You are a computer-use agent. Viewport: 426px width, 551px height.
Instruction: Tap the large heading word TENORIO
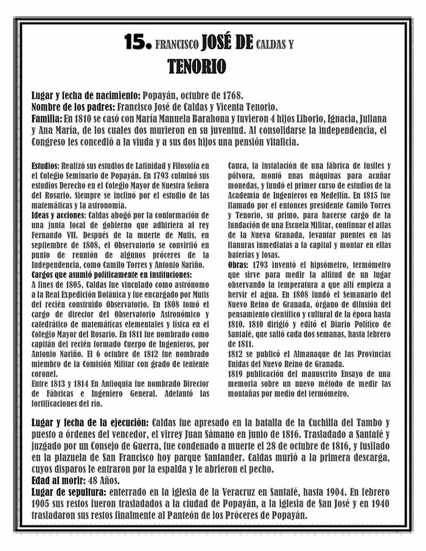tap(197, 66)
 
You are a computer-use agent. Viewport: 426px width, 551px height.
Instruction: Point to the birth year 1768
tap(232, 95)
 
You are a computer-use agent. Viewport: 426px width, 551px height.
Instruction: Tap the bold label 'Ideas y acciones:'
tap(58, 215)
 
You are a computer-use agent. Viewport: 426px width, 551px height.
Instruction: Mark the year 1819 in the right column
tap(236, 373)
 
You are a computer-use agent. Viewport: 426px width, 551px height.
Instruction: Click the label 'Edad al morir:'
tap(58, 479)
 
